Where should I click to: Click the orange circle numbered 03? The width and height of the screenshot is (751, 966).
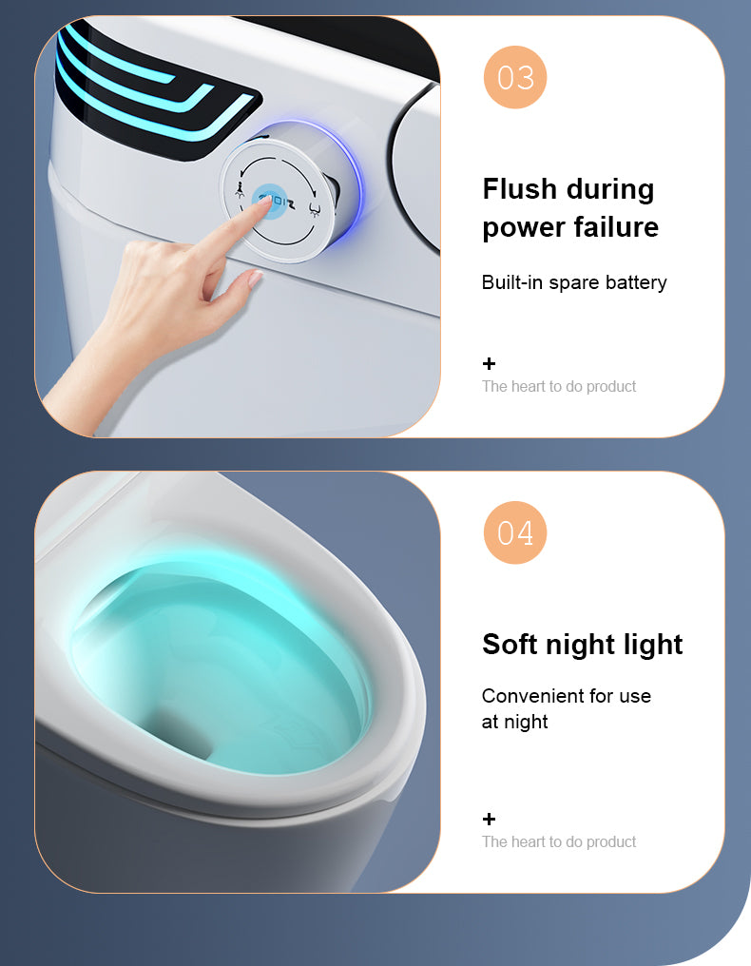pos(515,77)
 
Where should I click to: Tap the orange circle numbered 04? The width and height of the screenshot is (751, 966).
pos(515,532)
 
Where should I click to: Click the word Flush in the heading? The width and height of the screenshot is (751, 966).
pos(520,188)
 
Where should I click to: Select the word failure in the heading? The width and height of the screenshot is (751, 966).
pos(614,227)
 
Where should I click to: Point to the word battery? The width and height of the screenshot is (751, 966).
pos(637,282)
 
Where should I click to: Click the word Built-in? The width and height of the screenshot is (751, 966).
pos(512,282)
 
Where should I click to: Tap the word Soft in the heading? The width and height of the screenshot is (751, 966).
pos(510,644)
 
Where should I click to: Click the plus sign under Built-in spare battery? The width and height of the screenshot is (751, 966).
pos(489,363)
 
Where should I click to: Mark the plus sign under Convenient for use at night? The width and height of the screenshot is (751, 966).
pos(489,819)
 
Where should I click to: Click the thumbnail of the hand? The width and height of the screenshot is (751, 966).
pos(255,279)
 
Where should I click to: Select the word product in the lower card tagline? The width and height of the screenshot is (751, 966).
pos(611,841)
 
